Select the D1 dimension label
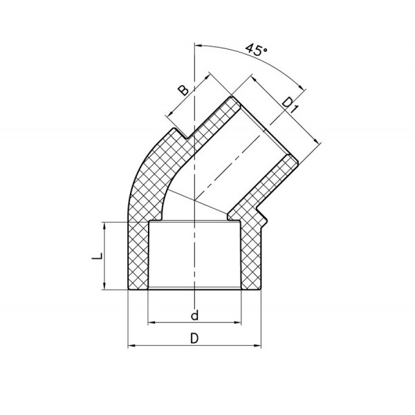[x=290, y=106]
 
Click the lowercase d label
[x=195, y=316]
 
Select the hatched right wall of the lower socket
[x=252, y=256]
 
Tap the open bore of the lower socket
[x=196, y=256]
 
